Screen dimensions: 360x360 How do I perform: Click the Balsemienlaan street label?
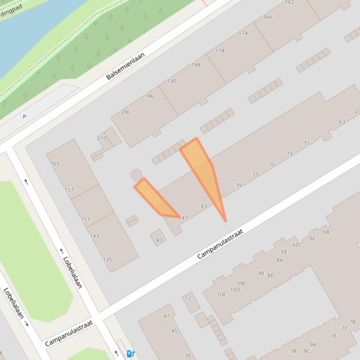pos(125,66)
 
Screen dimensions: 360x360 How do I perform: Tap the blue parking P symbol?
pos(24,117)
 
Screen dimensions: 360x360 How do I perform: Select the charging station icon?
pos(131,354)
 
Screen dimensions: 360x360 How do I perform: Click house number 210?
pos(102,138)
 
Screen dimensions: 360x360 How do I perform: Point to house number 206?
pos(125,112)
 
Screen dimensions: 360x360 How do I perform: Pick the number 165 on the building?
pos(55,164)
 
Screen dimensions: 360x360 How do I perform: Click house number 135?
pos(107,259)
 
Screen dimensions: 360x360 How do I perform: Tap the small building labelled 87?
pos(159,240)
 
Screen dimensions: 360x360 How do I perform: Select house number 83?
pos(204,206)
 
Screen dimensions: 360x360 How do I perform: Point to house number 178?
pos(220,51)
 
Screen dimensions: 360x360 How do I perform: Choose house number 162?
pos(289,2)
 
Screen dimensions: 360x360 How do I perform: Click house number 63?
pos(342,122)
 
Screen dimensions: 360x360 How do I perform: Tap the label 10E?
pos(221,295)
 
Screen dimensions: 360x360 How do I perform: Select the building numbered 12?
pos(188,297)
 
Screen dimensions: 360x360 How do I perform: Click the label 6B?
pos(326,232)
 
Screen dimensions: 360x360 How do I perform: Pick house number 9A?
pos(313,345)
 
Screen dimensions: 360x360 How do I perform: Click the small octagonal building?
pos(136,175)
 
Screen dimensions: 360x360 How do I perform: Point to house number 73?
pos(289,154)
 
